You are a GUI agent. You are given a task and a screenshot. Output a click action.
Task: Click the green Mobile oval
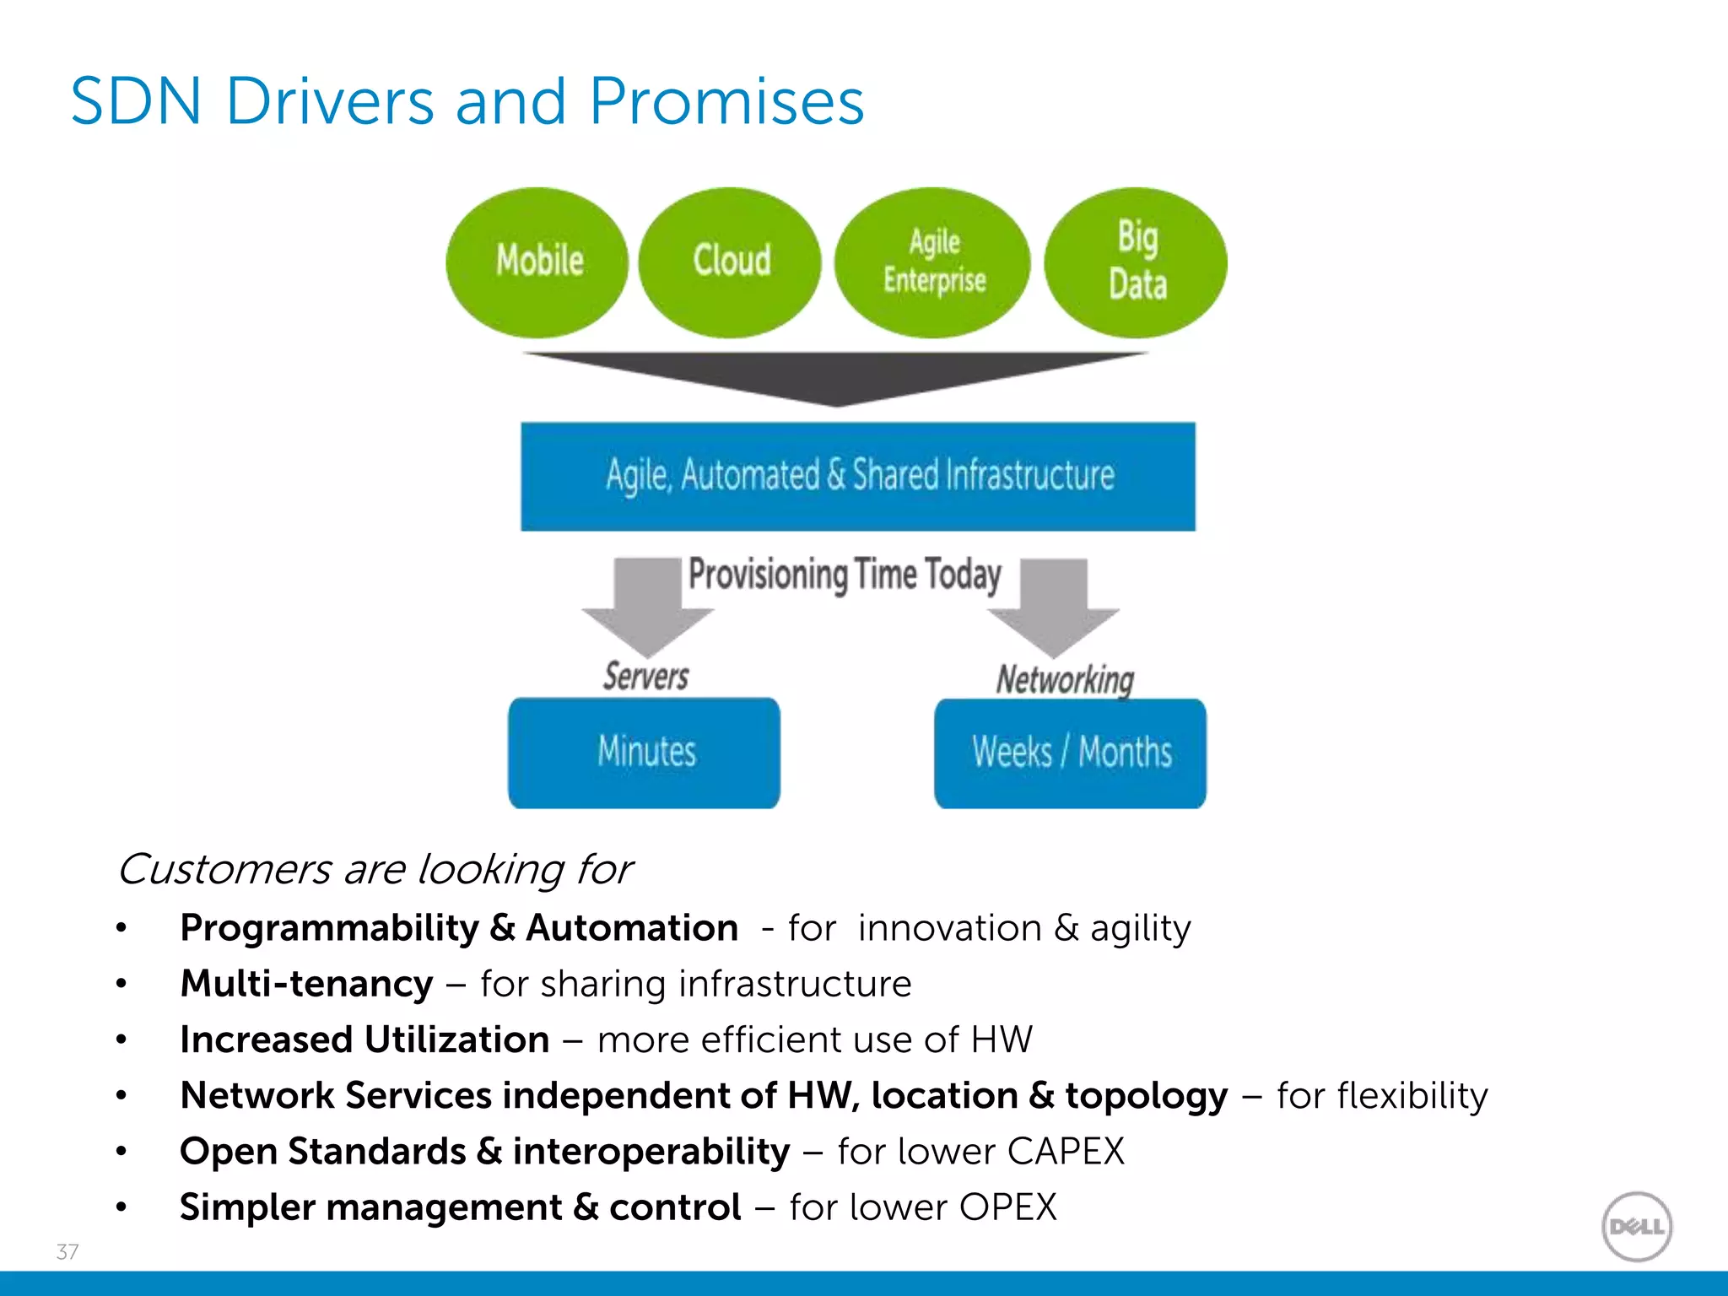(x=537, y=262)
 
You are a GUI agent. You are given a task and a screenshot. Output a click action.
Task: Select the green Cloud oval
(x=730, y=262)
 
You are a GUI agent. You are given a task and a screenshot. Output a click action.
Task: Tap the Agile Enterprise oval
(x=932, y=262)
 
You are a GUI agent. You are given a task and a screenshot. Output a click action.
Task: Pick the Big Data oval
(x=1136, y=262)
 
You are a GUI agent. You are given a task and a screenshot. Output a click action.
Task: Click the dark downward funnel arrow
(x=835, y=376)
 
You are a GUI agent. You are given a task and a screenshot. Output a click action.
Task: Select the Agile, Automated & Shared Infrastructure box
(x=858, y=477)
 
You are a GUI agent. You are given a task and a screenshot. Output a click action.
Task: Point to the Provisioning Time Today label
(x=845, y=575)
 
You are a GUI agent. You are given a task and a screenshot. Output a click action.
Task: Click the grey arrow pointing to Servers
(x=648, y=607)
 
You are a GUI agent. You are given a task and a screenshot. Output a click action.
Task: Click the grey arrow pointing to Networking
(x=1054, y=607)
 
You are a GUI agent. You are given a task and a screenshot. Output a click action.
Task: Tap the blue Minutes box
(x=644, y=753)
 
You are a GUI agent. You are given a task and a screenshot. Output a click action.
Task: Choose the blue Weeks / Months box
(x=1070, y=753)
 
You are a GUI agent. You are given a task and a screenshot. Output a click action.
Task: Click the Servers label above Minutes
(x=645, y=677)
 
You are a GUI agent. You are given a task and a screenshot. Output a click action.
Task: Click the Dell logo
(x=1636, y=1227)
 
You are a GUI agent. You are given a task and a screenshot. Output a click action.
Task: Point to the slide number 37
(x=67, y=1251)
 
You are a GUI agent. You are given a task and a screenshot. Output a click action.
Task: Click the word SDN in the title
(x=136, y=102)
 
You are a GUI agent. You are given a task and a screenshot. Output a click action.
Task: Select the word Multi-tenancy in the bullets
(x=306, y=984)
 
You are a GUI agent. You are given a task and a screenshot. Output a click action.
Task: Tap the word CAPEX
(x=1066, y=1152)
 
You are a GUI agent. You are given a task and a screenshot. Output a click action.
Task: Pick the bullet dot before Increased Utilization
(x=121, y=1040)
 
